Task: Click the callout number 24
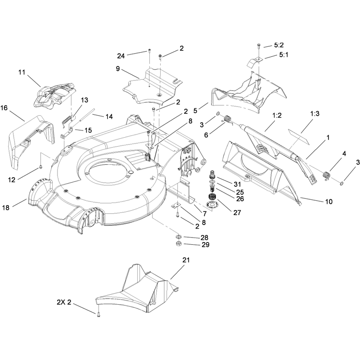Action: point(121,56)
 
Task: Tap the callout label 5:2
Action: point(279,45)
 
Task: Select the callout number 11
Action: point(22,72)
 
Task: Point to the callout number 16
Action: point(4,108)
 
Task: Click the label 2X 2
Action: point(64,302)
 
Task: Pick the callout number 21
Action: point(186,260)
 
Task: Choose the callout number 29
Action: point(206,245)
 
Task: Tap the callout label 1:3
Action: point(315,113)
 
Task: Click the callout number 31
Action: point(237,184)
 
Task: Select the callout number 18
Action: point(6,207)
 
